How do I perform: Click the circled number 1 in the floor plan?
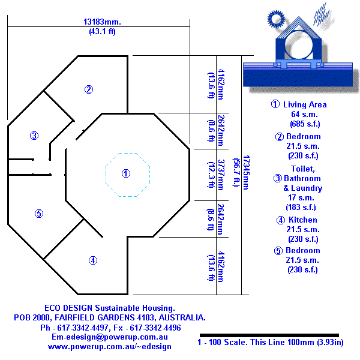click(x=125, y=173)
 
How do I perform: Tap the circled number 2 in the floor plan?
click(x=88, y=90)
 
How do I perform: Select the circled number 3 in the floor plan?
click(x=34, y=136)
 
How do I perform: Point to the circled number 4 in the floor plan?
click(x=92, y=260)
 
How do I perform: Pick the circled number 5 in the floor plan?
click(x=38, y=213)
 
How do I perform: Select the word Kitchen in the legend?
click(x=303, y=220)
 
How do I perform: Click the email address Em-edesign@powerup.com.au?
click(x=111, y=338)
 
